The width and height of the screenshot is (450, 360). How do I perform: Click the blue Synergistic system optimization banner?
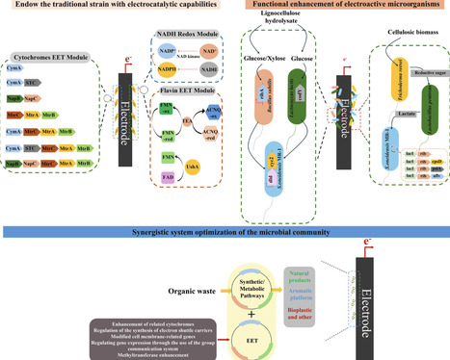coord(225,233)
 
